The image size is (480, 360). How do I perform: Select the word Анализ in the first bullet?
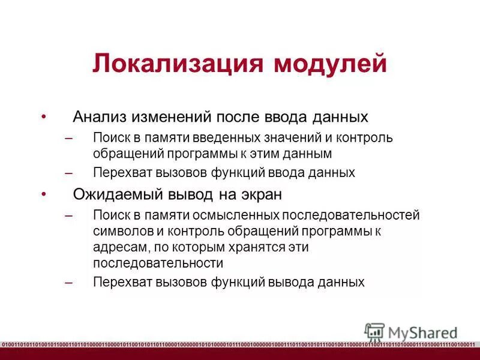coord(98,116)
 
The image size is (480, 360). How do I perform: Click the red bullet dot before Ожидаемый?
coord(43,194)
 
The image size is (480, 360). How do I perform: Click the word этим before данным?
coord(274,154)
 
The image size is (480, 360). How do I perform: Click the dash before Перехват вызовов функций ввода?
coord(68,173)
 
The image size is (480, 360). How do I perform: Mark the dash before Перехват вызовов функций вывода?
coord(68,282)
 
